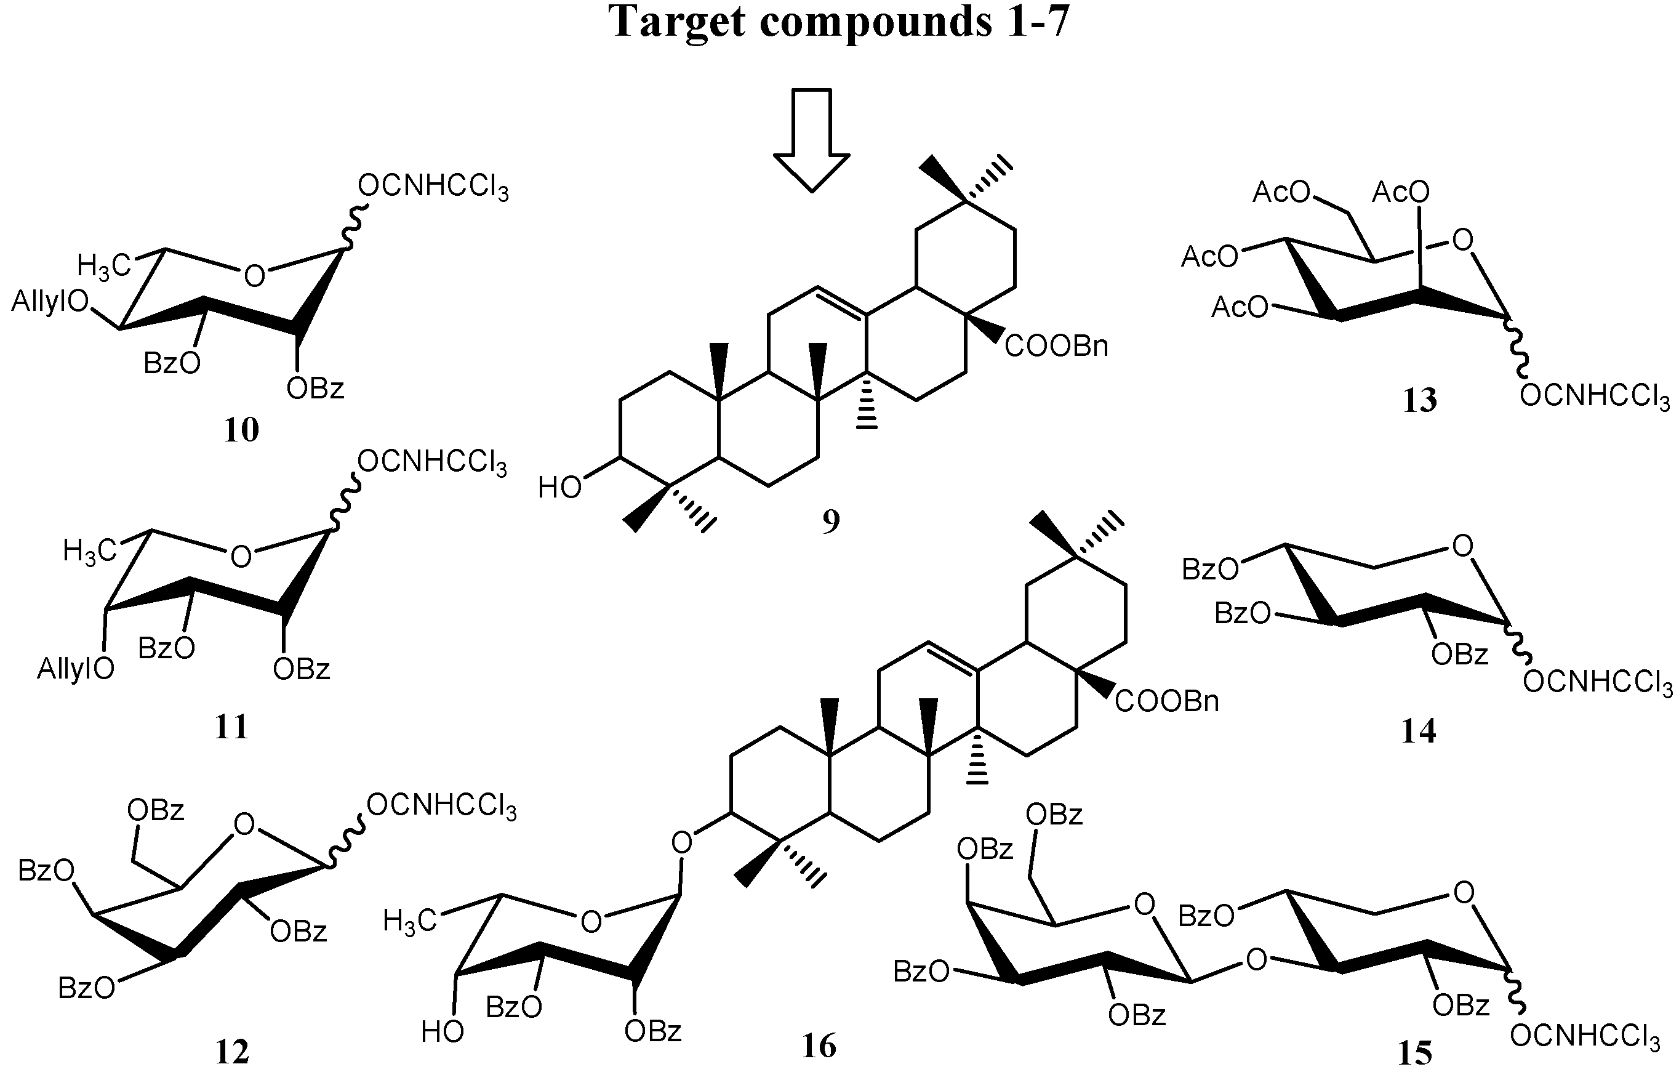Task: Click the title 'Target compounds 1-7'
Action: coord(839,22)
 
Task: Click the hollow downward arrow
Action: coord(813,140)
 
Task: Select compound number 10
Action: coord(241,430)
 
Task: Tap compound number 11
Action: coord(231,727)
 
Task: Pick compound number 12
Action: coord(231,1052)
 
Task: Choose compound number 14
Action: coord(1419,731)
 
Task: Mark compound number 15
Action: coord(1416,1053)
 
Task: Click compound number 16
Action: coord(819,1046)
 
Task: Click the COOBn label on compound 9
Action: coord(1056,347)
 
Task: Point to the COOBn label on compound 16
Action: coord(1167,701)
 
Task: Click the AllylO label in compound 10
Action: coord(50,302)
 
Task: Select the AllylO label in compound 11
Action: coord(76,669)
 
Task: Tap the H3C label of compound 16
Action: coord(409,921)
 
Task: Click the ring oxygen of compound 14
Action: coord(1463,547)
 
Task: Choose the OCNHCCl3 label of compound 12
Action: coord(441,807)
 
